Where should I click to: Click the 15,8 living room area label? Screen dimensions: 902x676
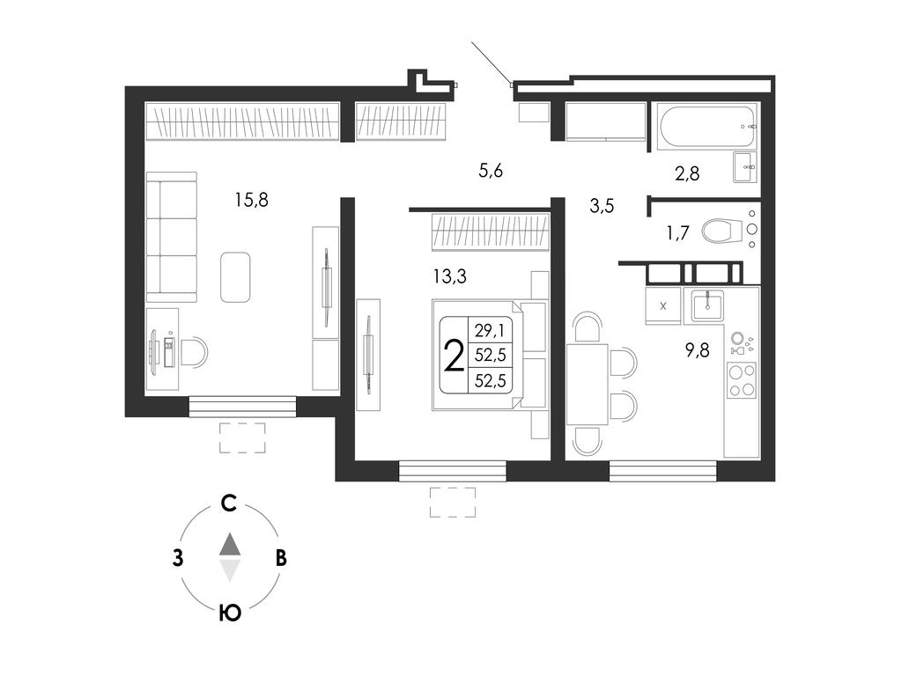coord(251,200)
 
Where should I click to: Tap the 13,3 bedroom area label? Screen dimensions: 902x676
coord(450,276)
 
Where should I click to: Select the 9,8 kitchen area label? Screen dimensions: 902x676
coord(698,350)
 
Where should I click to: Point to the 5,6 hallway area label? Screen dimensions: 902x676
coord(491,170)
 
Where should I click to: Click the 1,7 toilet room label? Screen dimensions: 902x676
coord(677,232)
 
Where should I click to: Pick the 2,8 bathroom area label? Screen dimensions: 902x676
coord(687,173)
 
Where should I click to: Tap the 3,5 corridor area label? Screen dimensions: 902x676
coord(602,205)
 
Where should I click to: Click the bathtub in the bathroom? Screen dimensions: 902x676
coord(707,126)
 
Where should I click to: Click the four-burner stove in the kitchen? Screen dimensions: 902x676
coord(742,380)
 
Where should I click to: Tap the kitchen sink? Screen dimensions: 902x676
coord(707,305)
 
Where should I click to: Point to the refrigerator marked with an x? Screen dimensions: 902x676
coord(662,305)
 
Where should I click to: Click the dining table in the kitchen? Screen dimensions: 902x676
coord(588,384)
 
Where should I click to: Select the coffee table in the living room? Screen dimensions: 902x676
coord(235,277)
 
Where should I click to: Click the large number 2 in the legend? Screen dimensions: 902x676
coord(455,356)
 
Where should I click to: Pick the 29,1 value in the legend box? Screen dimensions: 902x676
coord(490,331)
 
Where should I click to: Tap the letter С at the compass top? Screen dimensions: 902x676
coord(229,503)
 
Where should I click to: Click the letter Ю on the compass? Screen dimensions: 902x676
coord(230,614)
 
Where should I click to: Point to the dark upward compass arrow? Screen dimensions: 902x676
coord(230,544)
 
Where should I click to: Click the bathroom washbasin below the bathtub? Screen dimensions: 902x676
coord(745,167)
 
